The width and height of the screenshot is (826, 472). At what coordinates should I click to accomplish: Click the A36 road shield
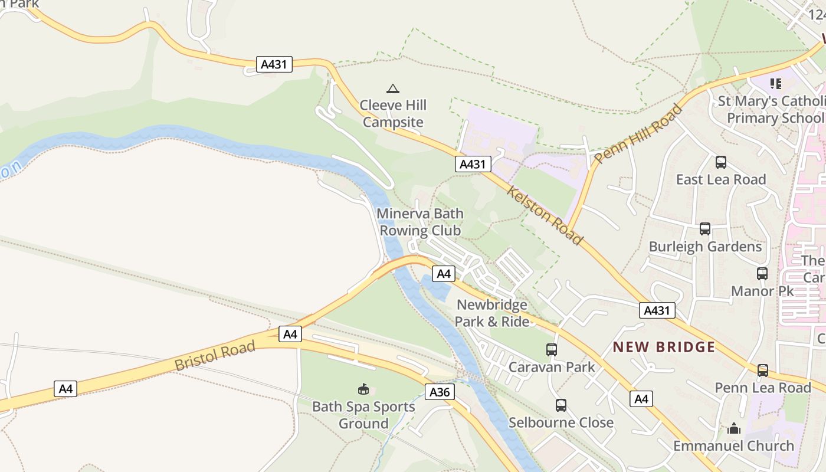pos(440,392)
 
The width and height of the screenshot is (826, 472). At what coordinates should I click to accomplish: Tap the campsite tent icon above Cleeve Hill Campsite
pos(392,89)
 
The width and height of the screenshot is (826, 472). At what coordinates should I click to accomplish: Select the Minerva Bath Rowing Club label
pos(420,222)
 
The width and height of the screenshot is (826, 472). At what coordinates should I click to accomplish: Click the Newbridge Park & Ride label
pos(492,313)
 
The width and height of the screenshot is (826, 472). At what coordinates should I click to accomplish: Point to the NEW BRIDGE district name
pos(664,347)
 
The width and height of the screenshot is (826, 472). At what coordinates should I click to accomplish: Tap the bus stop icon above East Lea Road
pos(720,162)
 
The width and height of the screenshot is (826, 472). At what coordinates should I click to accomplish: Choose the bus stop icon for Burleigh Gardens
pos(704,229)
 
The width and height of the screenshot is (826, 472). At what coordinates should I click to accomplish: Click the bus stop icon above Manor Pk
pos(762,274)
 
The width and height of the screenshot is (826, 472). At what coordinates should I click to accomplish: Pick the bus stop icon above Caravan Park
pos(552,350)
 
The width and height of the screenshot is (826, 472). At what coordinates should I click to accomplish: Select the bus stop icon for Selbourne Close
pos(561,405)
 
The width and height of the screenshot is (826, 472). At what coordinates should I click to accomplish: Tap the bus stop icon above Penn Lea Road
pos(763,371)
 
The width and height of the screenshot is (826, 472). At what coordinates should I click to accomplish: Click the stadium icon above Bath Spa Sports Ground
pos(363,389)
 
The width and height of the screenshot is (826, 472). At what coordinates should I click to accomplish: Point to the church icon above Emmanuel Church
pos(734,428)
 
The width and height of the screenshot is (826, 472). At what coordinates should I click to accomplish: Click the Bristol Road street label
pos(215,356)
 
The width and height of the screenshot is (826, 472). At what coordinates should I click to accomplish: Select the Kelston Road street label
pos(545,217)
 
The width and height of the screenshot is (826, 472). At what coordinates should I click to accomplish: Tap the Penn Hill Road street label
pos(638,134)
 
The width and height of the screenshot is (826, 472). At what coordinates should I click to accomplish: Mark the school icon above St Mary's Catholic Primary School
pos(776,84)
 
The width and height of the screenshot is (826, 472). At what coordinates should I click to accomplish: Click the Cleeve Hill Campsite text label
pos(393,114)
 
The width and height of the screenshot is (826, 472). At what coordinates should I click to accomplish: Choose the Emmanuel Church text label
pos(733,445)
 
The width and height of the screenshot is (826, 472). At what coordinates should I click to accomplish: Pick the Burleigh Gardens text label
pos(705,246)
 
